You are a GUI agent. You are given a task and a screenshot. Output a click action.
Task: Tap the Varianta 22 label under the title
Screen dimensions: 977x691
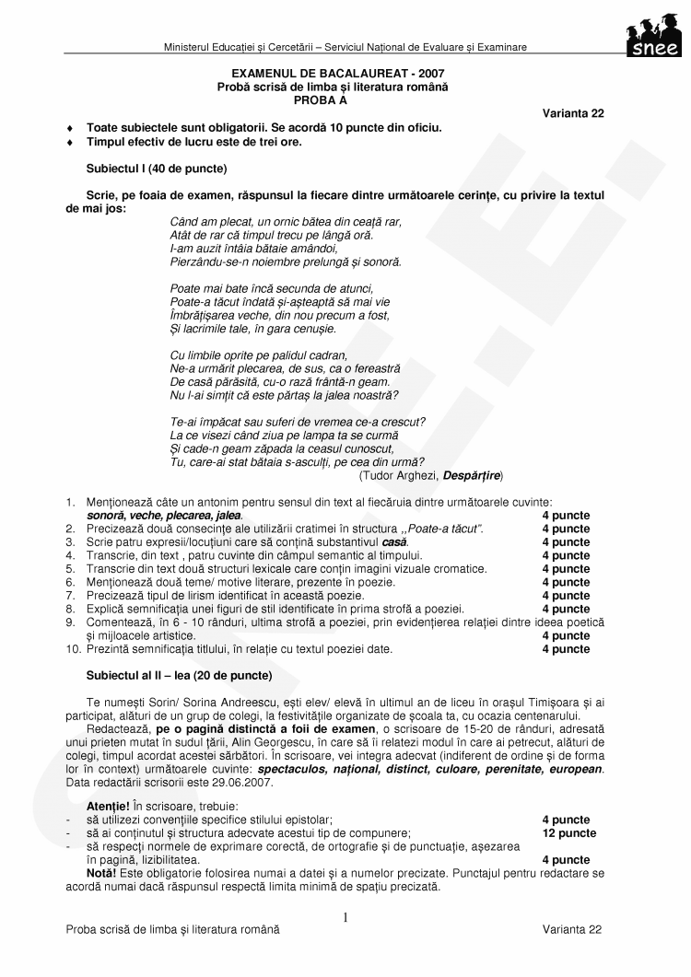click(573, 112)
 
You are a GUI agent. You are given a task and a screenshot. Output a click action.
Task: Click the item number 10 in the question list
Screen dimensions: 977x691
click(71, 649)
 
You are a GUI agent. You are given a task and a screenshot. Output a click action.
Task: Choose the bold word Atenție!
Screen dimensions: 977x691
click(108, 806)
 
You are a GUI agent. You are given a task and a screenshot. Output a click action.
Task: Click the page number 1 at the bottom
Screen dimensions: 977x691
click(345, 917)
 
